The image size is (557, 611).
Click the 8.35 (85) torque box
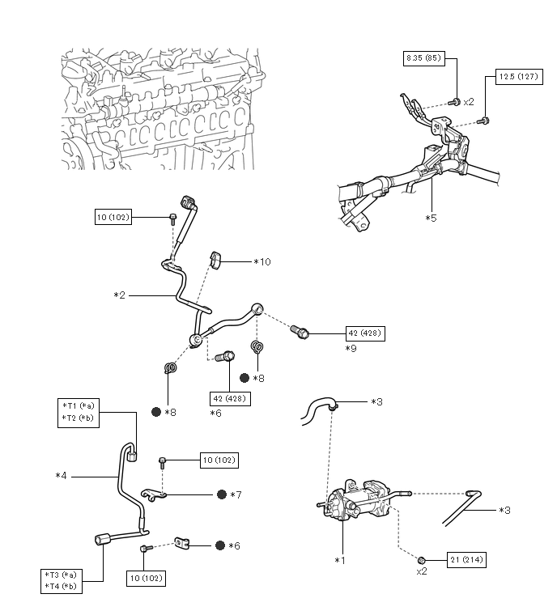pos(423,58)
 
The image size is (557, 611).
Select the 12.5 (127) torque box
pos(519,77)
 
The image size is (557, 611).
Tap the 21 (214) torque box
pos(466,560)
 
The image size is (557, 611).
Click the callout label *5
pos(431,218)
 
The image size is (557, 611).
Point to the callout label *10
pos(262,262)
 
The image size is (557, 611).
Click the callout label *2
pos(119,295)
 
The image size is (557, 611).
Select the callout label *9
pos(351,348)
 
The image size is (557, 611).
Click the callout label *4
pos(62,476)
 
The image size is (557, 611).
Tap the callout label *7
pos(236,495)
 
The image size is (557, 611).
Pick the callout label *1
pos(340,560)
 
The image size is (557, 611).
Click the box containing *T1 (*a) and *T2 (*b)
pos(79,413)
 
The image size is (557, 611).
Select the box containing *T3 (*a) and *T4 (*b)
pos(62,581)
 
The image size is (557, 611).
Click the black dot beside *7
pos(222,494)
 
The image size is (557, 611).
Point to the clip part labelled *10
pos(216,260)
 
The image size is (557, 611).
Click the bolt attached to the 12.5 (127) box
pos(483,121)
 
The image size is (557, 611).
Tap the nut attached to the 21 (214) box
pos(421,560)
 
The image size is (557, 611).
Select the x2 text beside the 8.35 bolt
pos(469,102)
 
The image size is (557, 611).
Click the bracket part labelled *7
pos(153,495)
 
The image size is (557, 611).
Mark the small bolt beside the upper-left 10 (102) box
pos(172,219)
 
